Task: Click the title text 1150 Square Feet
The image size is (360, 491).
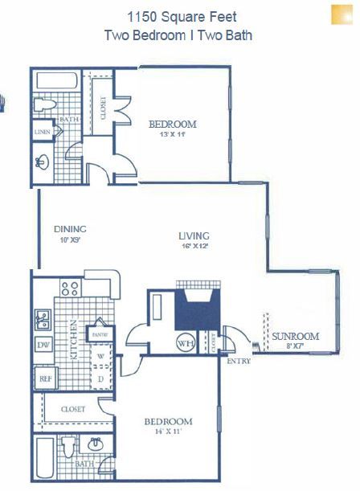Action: (x=182, y=16)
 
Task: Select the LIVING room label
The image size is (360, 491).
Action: (x=194, y=235)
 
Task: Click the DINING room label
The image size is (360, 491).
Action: (x=70, y=228)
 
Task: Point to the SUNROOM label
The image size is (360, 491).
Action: (x=295, y=336)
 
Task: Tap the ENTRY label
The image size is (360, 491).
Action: (x=239, y=361)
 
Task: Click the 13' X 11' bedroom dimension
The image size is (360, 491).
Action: (x=173, y=136)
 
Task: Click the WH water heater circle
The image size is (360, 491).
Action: (x=186, y=342)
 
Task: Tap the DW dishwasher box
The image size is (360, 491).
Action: (x=43, y=346)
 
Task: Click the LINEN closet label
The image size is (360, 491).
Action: (x=43, y=131)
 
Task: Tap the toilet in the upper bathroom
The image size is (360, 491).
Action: (x=46, y=105)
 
